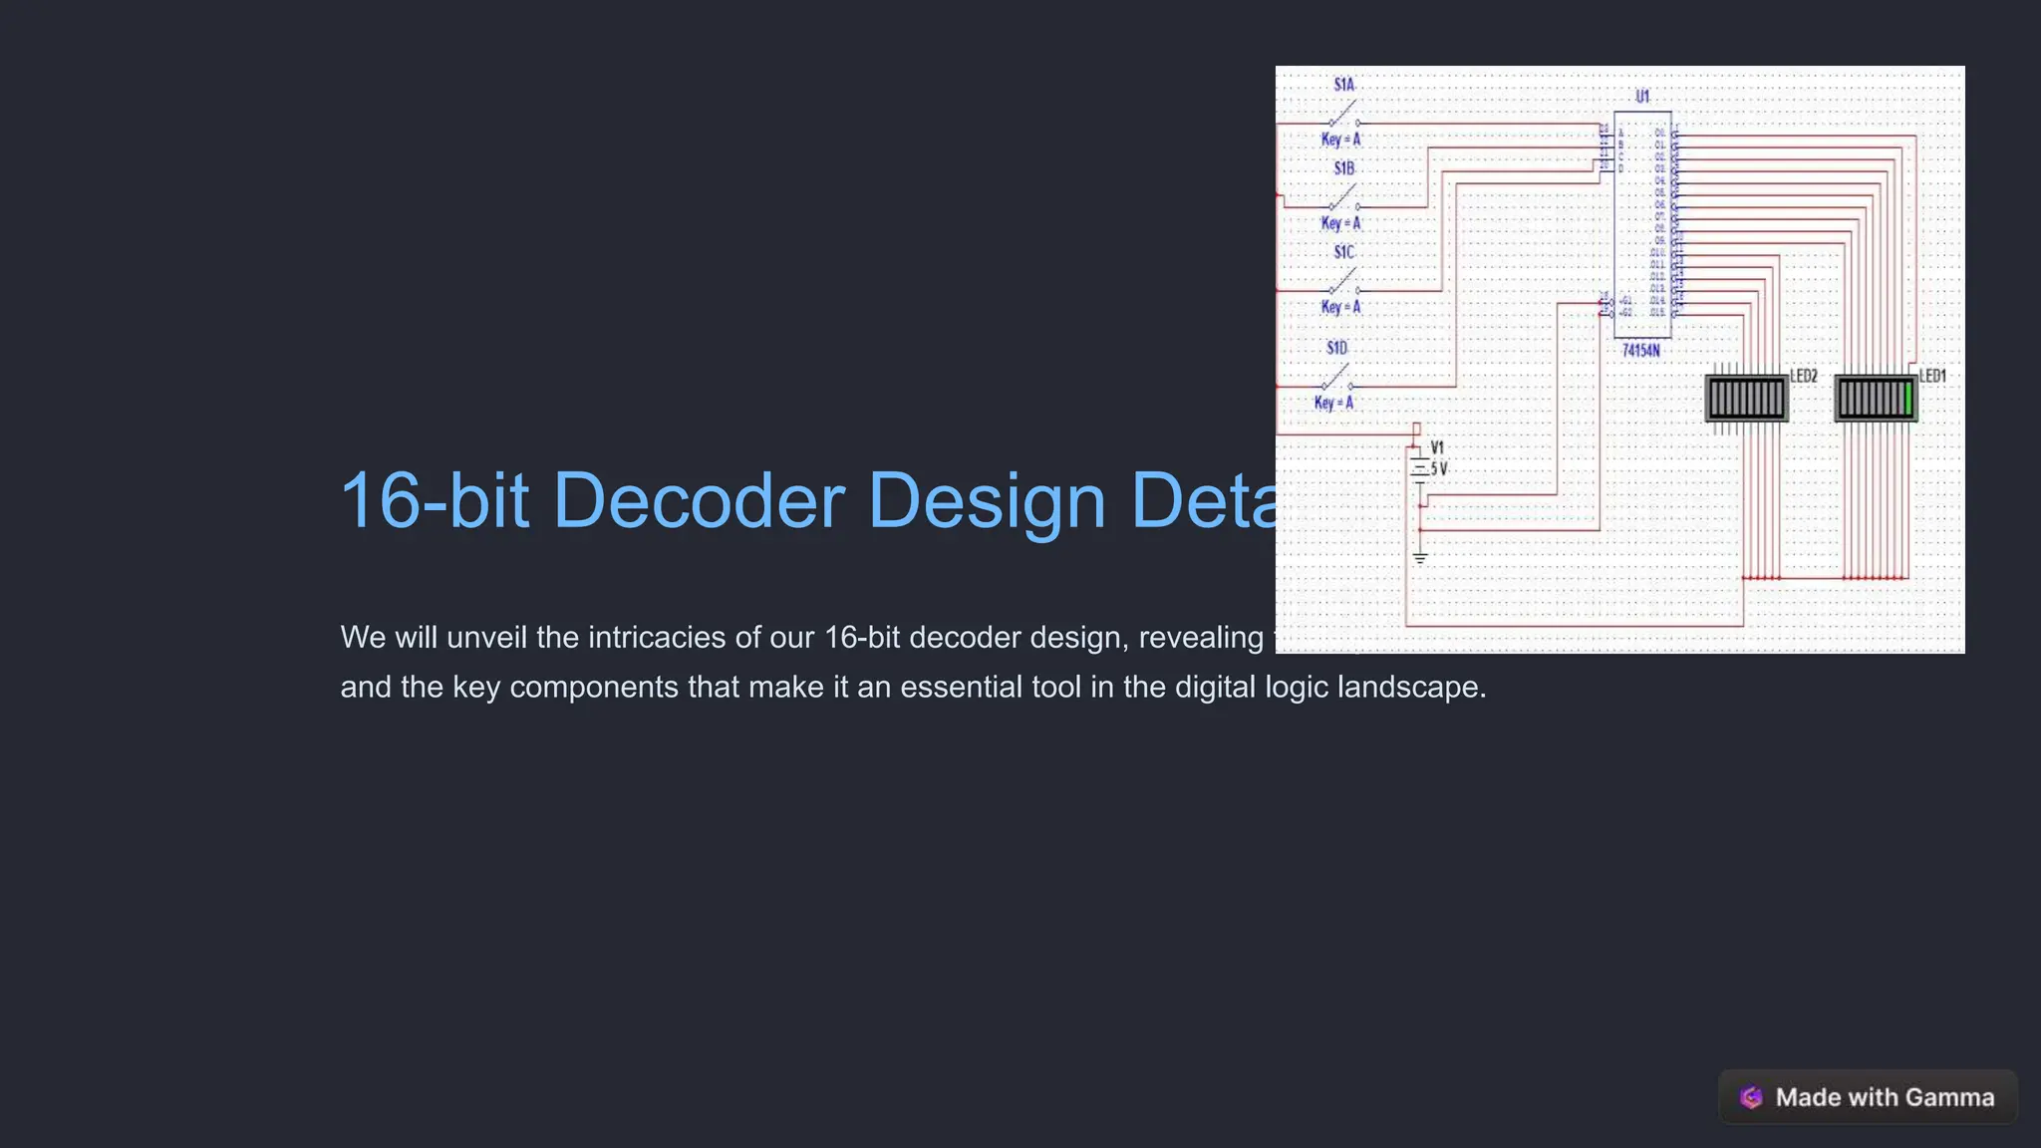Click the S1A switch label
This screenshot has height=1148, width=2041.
pyautogui.click(x=1343, y=85)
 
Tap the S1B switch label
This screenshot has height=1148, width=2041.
pyautogui.click(x=1343, y=168)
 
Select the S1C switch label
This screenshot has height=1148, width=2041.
pyautogui.click(x=1343, y=252)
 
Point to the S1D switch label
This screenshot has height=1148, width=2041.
pyautogui.click(x=1336, y=348)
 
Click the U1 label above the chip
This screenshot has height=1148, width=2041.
pyautogui.click(x=1642, y=97)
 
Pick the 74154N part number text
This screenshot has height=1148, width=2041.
pyautogui.click(x=1640, y=351)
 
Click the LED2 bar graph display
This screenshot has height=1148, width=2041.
pyautogui.click(x=1746, y=399)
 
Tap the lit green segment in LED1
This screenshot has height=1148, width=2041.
pyautogui.click(x=1907, y=399)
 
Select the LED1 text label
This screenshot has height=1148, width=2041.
pyautogui.click(x=1932, y=376)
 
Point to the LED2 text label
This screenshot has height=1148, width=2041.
pyautogui.click(x=1804, y=376)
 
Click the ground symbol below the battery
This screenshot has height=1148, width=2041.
pyautogui.click(x=1420, y=558)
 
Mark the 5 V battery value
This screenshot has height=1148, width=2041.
pyautogui.click(x=1439, y=468)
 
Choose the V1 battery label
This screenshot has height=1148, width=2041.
pyautogui.click(x=1436, y=448)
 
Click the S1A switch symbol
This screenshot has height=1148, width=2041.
pyautogui.click(x=1343, y=113)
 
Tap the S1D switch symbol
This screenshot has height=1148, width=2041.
pyautogui.click(x=1336, y=379)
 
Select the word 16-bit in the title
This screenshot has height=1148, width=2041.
pyautogui.click(x=435, y=500)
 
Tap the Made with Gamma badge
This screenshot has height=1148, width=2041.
pyautogui.click(x=1868, y=1097)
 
